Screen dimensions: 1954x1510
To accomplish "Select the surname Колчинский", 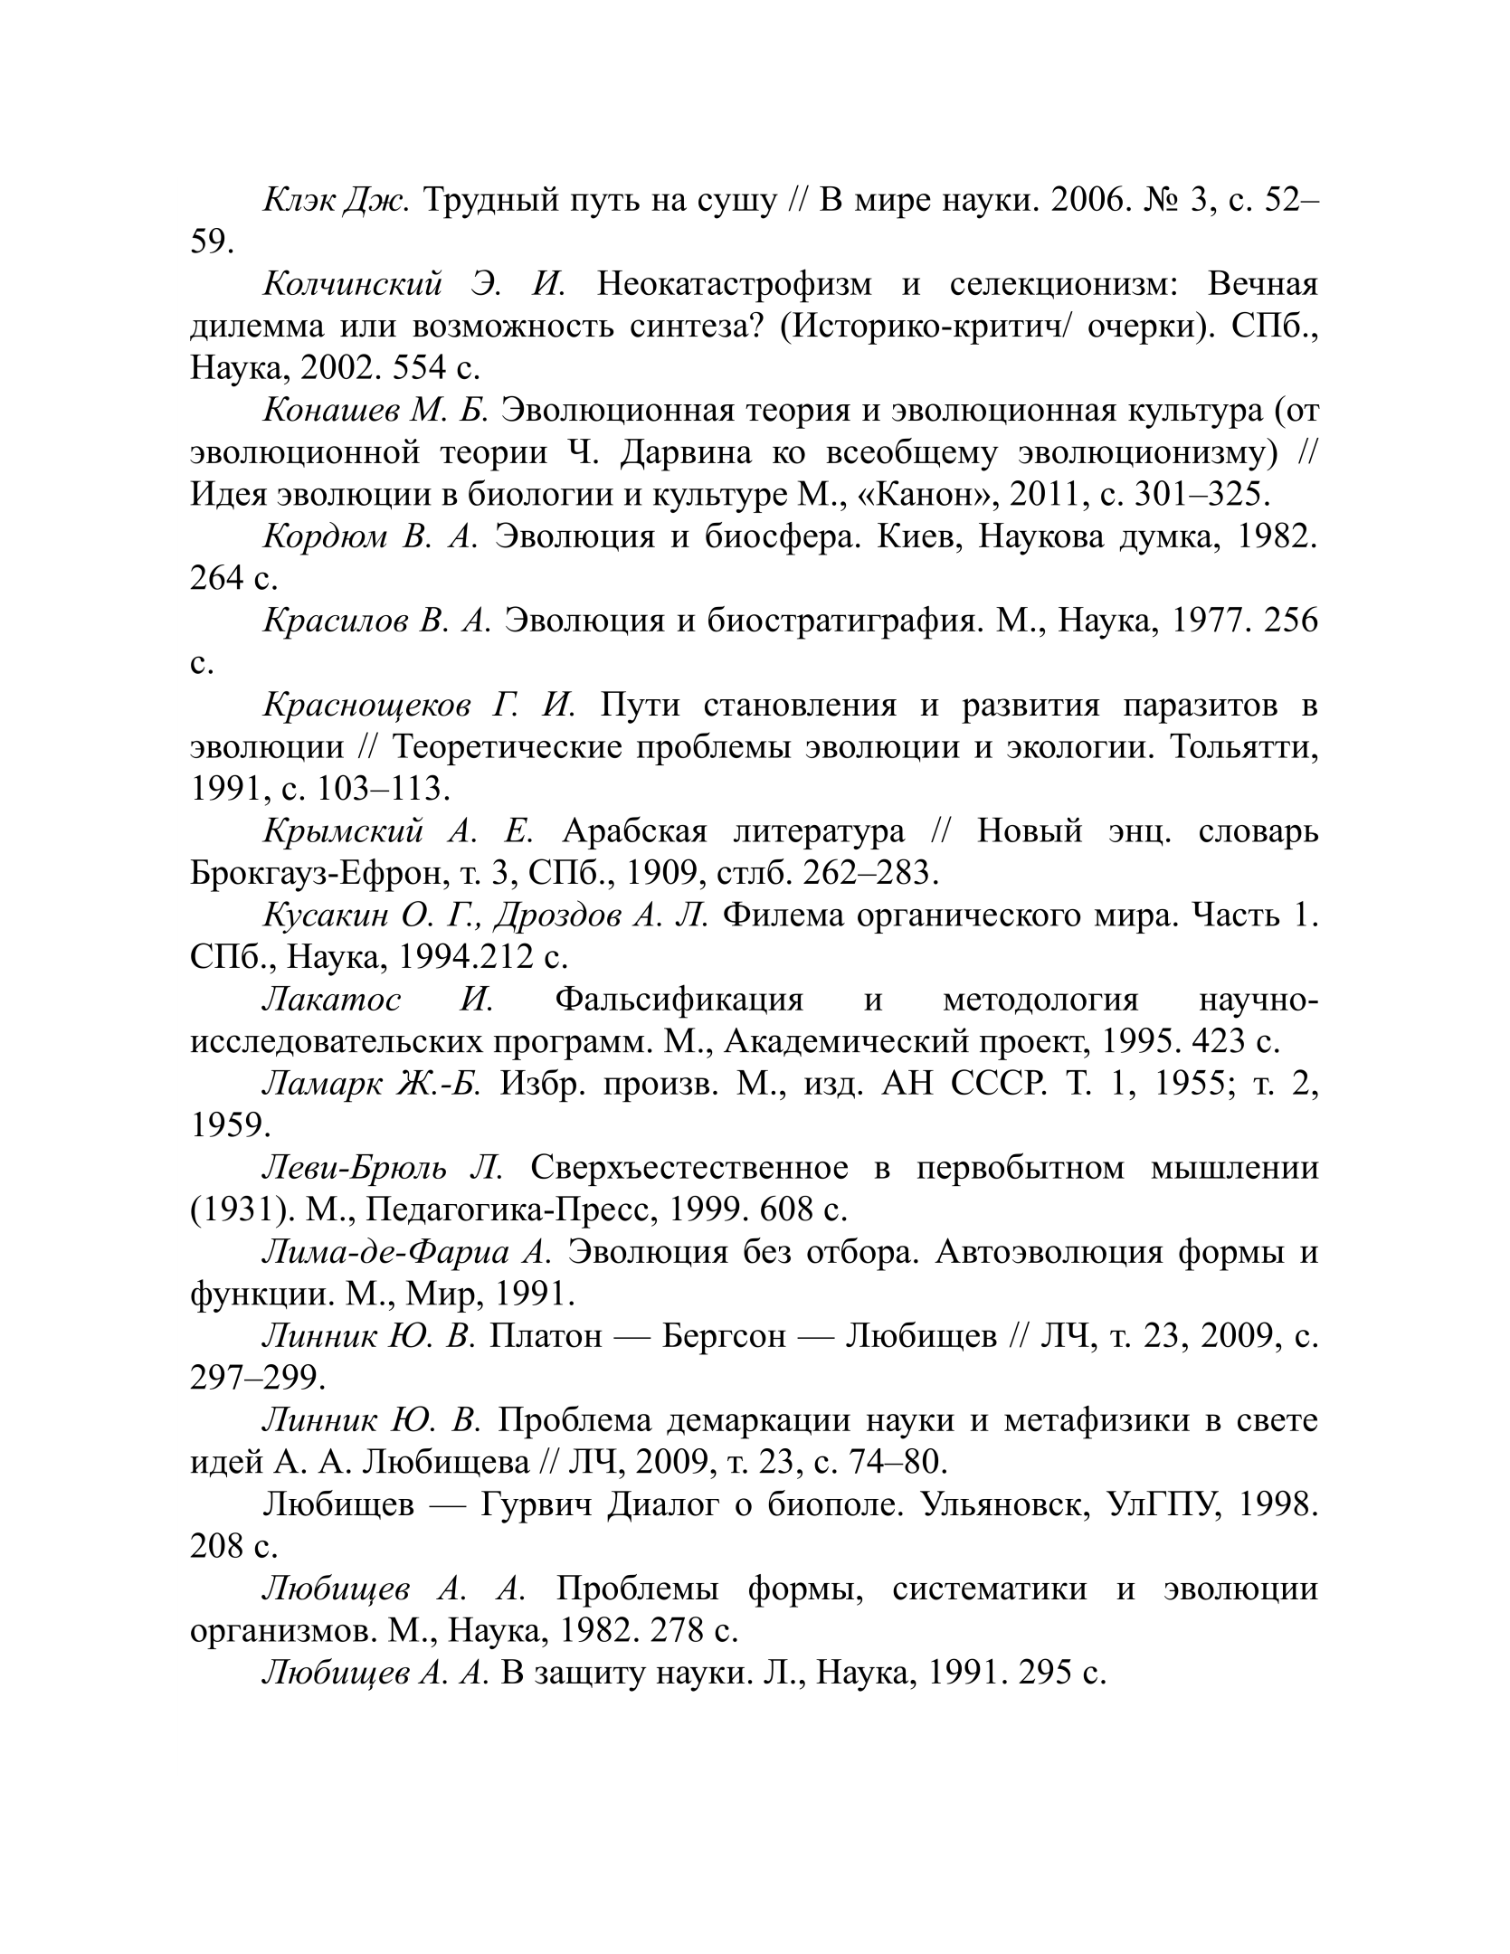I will coord(352,284).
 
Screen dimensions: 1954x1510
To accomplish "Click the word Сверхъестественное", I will coord(689,1167).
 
